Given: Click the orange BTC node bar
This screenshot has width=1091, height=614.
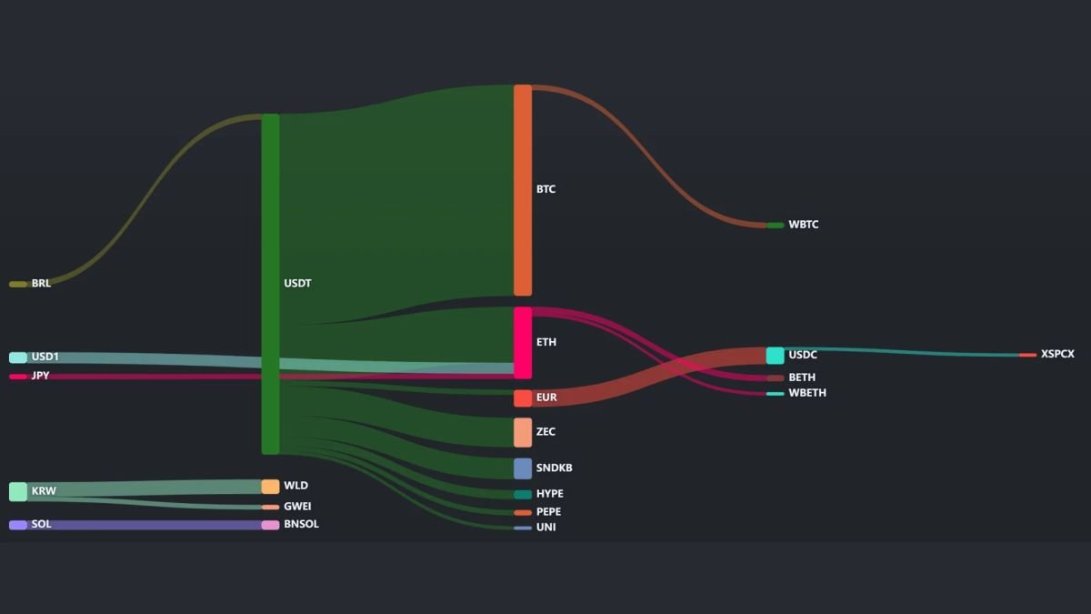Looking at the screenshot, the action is (x=523, y=190).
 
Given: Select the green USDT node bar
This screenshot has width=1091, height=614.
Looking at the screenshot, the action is (x=270, y=284).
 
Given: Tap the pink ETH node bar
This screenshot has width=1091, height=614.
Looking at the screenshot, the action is (x=523, y=343).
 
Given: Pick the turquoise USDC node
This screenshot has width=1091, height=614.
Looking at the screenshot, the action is (x=775, y=356).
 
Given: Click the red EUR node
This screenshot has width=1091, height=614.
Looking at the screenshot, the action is (x=523, y=398).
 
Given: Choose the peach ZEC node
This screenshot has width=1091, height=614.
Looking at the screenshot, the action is (x=523, y=432).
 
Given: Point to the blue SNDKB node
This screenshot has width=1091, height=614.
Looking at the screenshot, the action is (x=523, y=468).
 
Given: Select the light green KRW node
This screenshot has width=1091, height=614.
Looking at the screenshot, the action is (x=18, y=492).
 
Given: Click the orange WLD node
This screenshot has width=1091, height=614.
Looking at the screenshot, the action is (x=270, y=487).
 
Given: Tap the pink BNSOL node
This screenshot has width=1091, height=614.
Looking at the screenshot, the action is (x=270, y=526).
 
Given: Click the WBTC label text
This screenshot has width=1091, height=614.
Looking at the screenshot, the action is (x=804, y=225).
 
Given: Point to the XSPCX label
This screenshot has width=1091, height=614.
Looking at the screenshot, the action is (x=1057, y=354).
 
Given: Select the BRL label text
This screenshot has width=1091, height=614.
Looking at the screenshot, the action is (x=41, y=283).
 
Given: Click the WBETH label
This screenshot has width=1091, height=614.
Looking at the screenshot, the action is (x=807, y=393).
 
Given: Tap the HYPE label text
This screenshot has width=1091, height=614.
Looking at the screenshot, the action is (x=550, y=494).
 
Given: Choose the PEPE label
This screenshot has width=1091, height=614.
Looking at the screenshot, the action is (x=548, y=511).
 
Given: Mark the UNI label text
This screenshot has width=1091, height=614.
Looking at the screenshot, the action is (x=546, y=528).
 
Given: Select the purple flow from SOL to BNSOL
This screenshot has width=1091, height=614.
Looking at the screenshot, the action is (x=145, y=525).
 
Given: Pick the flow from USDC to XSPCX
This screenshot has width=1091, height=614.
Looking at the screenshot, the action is (x=901, y=351).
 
